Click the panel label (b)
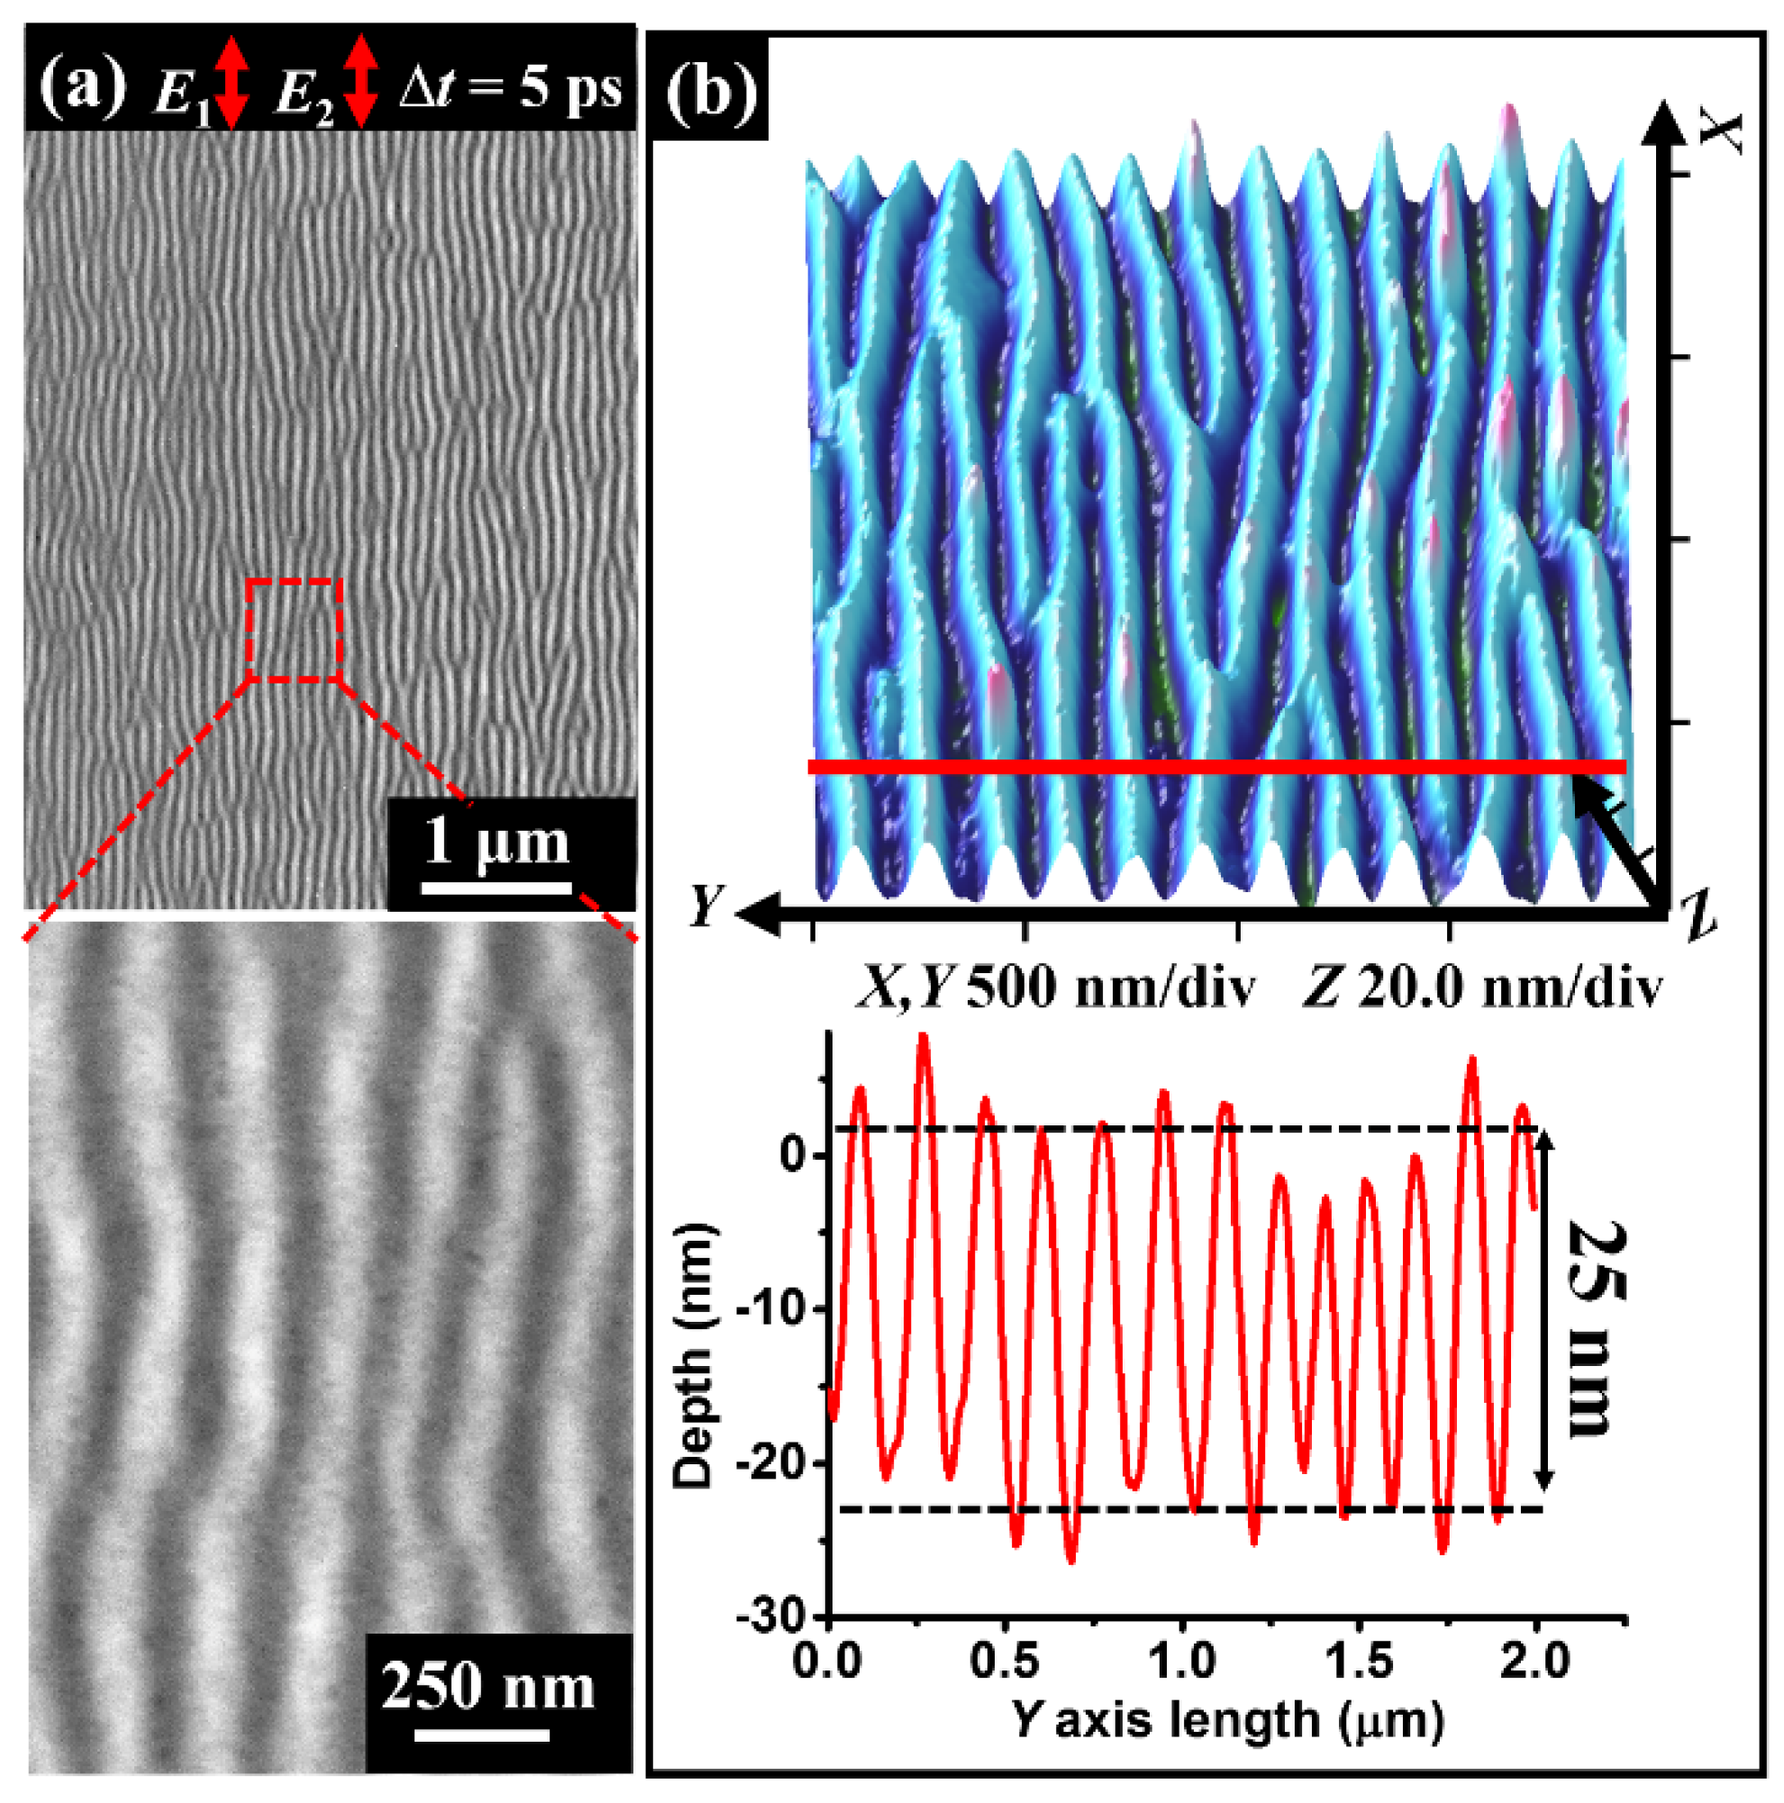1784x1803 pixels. [710, 92]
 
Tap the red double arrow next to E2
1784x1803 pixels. [360, 82]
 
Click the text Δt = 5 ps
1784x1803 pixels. [510, 88]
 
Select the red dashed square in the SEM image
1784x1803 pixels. [295, 630]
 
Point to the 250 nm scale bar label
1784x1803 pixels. [488, 1688]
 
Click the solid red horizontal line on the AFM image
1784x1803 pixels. [1213, 767]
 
